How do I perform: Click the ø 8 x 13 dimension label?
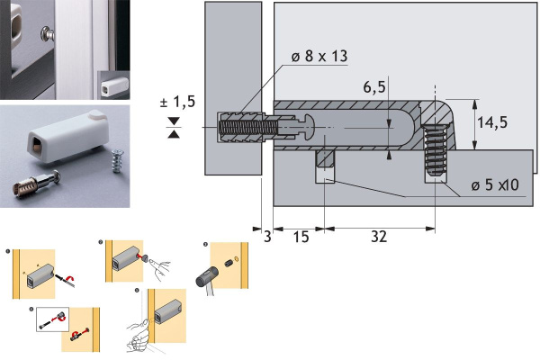click(319, 56)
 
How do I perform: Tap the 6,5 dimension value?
click(374, 86)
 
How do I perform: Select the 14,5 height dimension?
click(492, 122)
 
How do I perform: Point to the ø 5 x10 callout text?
click(495, 185)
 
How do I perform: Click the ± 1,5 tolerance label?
click(177, 102)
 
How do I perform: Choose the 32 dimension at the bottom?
click(379, 237)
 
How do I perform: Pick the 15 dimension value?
click(301, 237)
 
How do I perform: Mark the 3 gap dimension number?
click(267, 237)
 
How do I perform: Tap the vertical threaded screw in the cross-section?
click(436, 150)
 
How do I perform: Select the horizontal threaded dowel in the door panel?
click(247, 128)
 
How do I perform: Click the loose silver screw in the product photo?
click(118, 161)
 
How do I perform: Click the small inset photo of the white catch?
click(113, 85)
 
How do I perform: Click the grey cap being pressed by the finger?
click(145, 257)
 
